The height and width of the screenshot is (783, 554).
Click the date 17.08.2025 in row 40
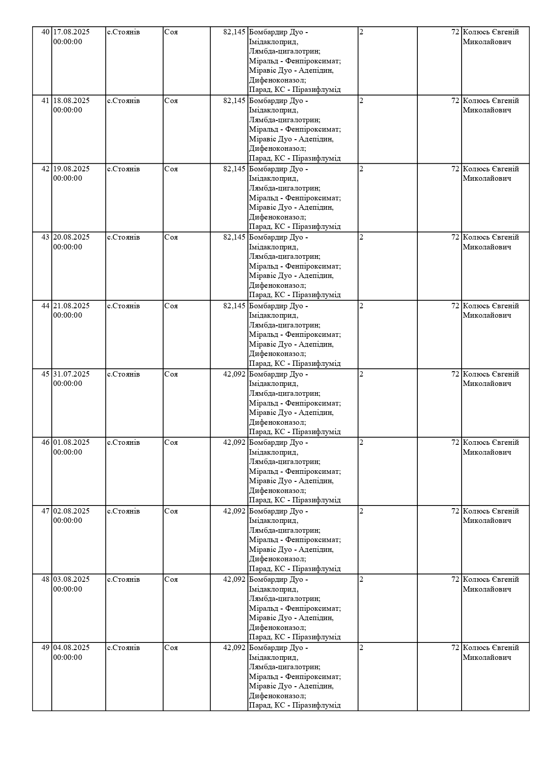(71, 32)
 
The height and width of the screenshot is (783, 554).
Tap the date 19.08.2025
(71, 169)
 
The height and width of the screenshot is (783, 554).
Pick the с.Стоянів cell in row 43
(123, 237)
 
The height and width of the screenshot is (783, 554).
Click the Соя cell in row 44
(171, 306)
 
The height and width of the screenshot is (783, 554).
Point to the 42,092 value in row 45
(234, 374)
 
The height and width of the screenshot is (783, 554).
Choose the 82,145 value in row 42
(234, 169)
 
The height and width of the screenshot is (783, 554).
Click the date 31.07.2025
(71, 374)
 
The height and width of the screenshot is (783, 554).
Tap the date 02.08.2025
(71, 511)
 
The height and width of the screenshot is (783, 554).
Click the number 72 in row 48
(455, 580)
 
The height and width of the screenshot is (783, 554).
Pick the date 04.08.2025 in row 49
(71, 648)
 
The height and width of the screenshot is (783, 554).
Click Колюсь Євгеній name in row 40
(491, 32)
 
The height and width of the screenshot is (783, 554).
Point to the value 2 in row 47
(362, 511)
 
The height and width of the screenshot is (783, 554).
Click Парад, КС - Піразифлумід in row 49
(295, 705)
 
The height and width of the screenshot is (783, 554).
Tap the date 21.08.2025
(71, 306)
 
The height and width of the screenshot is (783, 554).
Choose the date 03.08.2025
(71, 580)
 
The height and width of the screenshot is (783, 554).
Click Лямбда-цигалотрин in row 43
(284, 257)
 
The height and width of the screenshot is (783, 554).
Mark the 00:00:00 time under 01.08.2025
(68, 452)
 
